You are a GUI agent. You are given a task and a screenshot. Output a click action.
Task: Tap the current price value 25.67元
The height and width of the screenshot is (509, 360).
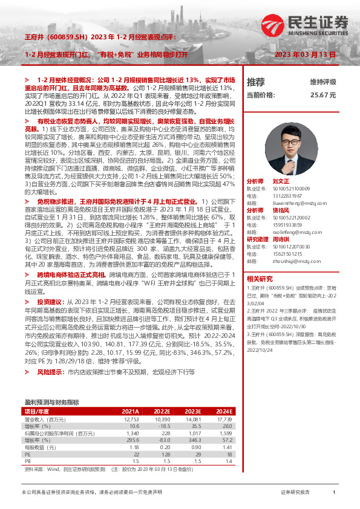coord(323,96)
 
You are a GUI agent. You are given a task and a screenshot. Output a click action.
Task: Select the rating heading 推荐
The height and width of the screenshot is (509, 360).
coord(256,82)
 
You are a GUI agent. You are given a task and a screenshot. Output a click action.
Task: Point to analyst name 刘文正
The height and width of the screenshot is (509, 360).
coord(281,181)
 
